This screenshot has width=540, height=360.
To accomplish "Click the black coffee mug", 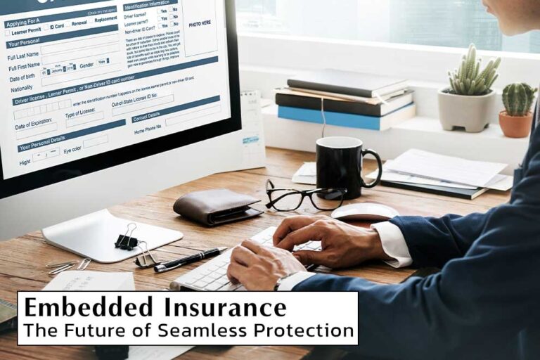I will (339, 166).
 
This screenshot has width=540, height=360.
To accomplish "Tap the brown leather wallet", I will (215, 206).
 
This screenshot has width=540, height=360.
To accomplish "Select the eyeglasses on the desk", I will (302, 198).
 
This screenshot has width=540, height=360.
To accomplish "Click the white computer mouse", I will (364, 212).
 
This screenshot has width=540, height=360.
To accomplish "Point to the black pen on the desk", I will (190, 259).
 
